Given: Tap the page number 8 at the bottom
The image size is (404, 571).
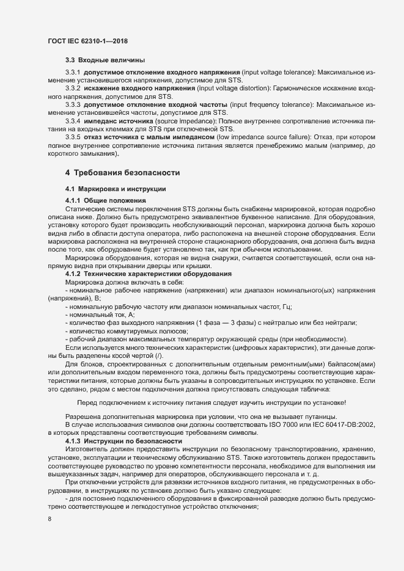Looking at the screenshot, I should [x=49, y=519].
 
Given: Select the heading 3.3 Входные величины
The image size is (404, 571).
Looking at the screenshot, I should [x=105, y=60].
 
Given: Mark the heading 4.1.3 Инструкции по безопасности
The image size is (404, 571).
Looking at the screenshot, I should [x=123, y=440].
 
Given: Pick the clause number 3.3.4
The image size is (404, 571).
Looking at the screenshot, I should [x=73, y=122].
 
